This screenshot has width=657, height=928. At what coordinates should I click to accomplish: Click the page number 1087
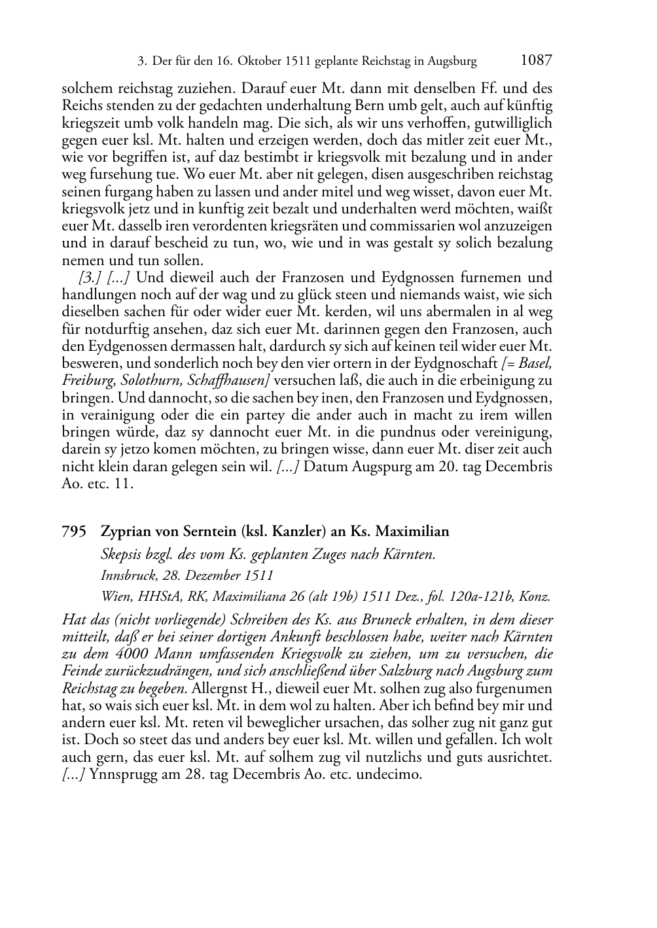(x=537, y=61)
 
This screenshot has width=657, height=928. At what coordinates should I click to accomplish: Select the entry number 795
(x=74, y=532)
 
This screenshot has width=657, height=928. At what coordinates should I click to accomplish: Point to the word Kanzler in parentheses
(x=294, y=532)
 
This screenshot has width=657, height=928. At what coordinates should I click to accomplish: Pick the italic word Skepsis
(x=122, y=555)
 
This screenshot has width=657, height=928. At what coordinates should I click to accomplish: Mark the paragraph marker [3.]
(x=90, y=277)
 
